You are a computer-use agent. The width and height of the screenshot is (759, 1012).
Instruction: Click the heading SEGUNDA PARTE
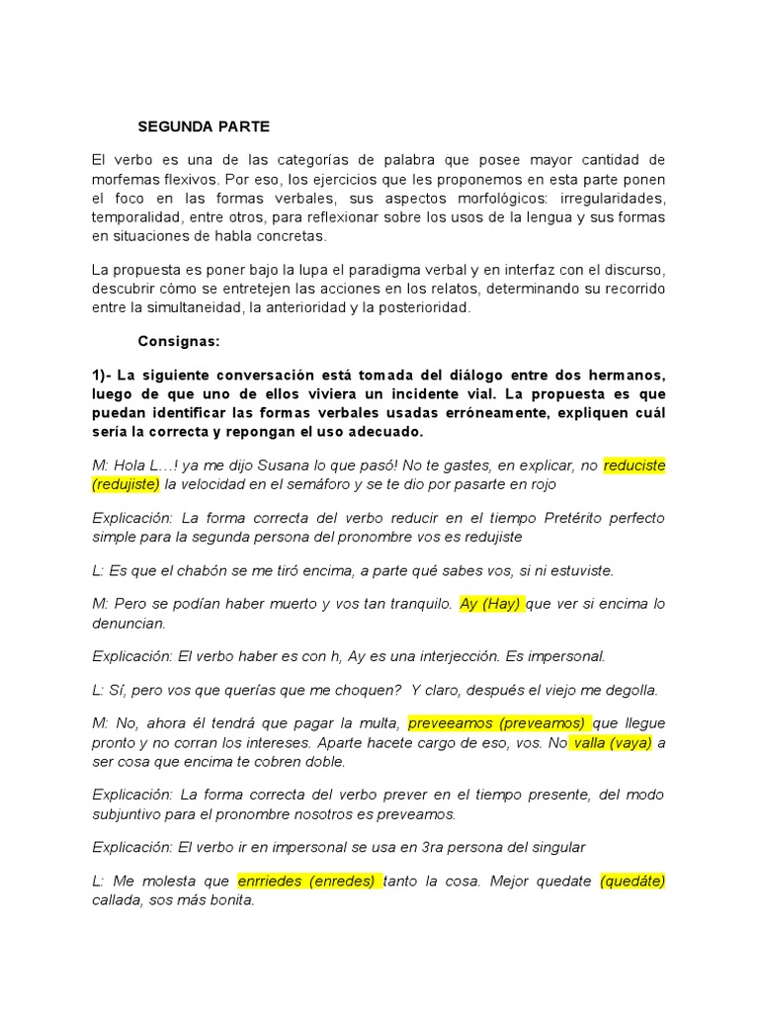click(204, 126)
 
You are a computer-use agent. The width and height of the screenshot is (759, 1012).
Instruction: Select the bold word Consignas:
click(179, 341)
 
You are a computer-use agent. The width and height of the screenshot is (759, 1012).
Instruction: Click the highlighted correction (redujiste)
click(126, 484)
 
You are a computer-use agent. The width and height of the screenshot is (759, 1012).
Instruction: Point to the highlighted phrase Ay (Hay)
click(491, 604)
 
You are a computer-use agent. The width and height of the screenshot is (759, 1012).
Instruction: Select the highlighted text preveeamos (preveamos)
click(499, 722)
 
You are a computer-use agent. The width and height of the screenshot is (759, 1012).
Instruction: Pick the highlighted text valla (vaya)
click(611, 742)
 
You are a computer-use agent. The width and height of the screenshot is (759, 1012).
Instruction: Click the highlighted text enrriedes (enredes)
click(309, 881)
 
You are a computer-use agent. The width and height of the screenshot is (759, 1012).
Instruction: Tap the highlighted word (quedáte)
click(632, 881)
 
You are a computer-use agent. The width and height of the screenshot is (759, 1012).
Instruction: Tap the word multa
click(378, 722)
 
